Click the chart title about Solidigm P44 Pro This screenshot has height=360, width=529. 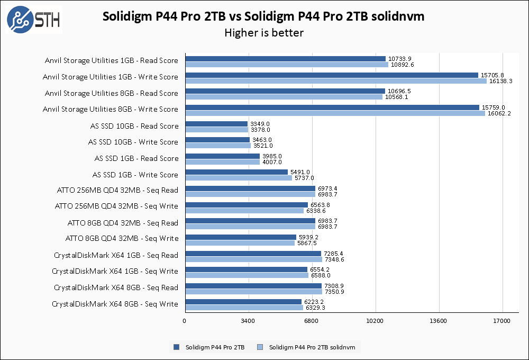[263, 16]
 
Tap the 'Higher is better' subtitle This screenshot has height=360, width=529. [263, 33]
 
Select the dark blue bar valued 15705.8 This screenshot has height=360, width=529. [331, 75]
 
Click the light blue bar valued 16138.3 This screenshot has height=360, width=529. [335, 81]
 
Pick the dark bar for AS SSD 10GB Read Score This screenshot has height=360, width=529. [216, 123]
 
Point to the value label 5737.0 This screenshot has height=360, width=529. [304, 178]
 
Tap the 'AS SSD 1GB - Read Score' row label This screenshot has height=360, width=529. [136, 158]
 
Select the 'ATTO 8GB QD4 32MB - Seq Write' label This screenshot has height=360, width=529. [122, 239]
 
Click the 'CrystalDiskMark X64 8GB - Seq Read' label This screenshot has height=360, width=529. [116, 287]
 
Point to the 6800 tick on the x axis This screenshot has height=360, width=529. [311, 321]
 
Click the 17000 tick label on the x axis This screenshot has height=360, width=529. [501, 321]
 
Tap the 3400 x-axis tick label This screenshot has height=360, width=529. [248, 321]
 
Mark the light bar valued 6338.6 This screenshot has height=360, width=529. [244, 211]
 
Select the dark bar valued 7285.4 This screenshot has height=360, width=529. [253, 253]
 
